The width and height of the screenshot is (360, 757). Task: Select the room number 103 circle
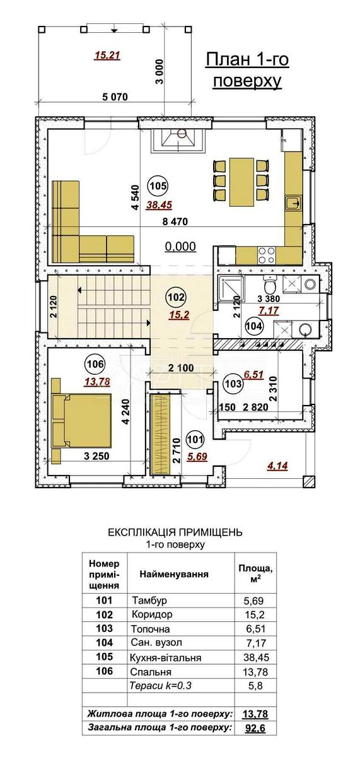233,384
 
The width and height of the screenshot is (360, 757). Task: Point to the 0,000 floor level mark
180,247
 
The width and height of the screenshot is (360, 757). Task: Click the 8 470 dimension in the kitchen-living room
175,221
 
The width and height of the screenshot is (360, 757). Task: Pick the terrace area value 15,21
107,55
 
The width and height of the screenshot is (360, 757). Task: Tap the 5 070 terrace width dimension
115,97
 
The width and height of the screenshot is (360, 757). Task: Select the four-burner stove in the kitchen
266,255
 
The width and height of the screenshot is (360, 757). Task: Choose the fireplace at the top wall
178,140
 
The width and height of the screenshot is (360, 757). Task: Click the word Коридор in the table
152,614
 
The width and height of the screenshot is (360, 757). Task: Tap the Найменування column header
174,574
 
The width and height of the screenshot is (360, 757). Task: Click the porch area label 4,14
277,466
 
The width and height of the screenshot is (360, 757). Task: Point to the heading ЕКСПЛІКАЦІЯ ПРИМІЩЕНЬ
175,532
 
